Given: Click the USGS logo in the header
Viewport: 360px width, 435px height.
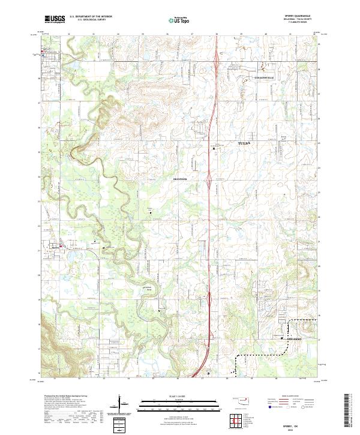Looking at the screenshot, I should [55, 19].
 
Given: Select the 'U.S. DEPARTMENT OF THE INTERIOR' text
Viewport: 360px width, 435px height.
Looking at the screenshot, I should [90, 17].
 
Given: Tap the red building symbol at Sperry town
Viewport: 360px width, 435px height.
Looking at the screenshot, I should [60, 246].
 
